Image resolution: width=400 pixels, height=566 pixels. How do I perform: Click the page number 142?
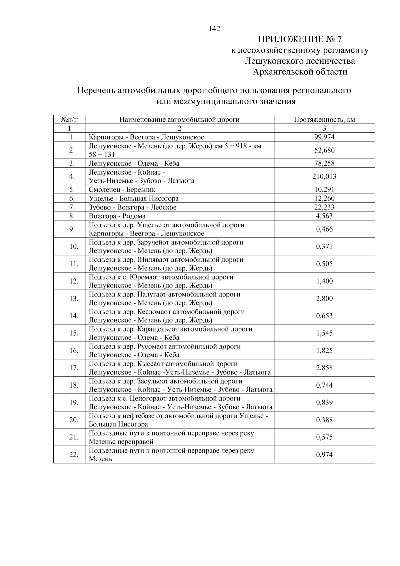click(214, 29)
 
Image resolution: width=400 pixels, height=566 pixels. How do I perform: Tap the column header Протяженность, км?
click(324, 120)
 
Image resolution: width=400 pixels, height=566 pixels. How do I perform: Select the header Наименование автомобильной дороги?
click(179, 120)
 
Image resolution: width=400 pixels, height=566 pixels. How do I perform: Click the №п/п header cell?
click(69, 120)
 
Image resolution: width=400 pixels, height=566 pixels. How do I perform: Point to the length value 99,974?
click(324, 137)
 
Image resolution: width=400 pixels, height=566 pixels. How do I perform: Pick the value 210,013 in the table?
click(324, 176)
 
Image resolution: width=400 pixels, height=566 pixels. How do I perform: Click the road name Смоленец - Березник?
click(122, 190)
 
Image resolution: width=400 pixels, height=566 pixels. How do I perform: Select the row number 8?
click(71, 216)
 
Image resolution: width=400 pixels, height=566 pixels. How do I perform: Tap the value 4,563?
click(324, 216)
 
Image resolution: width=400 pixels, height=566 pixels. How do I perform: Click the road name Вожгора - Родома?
click(117, 216)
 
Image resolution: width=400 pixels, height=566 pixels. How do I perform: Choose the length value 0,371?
click(324, 246)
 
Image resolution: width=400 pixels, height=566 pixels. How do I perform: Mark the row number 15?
click(74, 333)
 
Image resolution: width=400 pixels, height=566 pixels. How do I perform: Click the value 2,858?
click(324, 368)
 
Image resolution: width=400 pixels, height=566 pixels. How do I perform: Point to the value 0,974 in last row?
click(324, 455)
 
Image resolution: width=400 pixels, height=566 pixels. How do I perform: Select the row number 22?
click(74, 455)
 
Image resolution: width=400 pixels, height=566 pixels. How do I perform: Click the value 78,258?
click(324, 163)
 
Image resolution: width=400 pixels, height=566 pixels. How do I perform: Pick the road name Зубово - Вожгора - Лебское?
click(132, 207)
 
